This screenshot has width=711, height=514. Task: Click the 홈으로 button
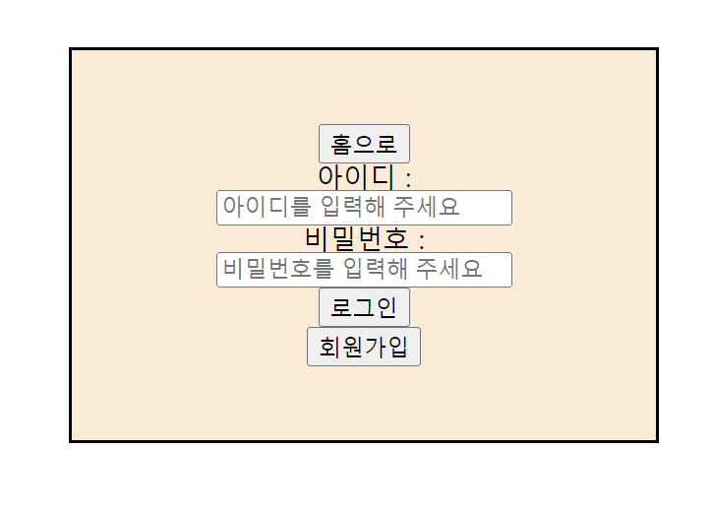point(364,145)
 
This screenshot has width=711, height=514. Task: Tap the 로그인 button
point(364,308)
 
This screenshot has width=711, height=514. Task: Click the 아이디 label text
point(355,177)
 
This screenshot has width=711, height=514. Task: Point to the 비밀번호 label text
point(356,239)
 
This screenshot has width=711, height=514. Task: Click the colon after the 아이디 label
point(408,179)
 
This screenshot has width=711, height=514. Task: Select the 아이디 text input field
point(364,208)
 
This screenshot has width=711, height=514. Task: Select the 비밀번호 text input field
point(364,270)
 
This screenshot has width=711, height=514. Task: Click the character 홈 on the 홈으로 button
point(341,145)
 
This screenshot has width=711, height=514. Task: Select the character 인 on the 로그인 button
point(386,308)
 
